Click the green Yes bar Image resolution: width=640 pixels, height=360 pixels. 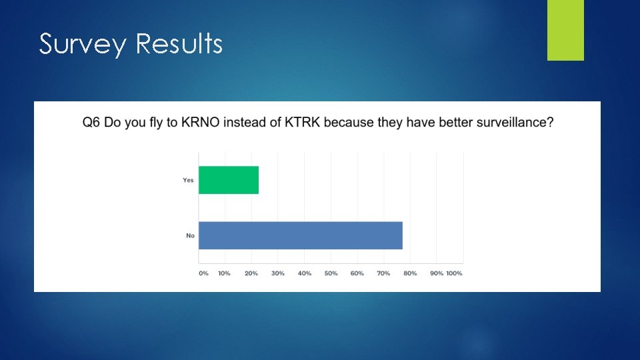[x=229, y=180]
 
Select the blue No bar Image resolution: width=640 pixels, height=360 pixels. [x=301, y=235]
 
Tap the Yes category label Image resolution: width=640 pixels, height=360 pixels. [x=188, y=180]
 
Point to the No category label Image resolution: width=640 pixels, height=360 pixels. [x=190, y=235]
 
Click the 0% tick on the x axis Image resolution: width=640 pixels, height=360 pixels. [x=203, y=273]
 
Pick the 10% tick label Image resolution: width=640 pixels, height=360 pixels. [x=225, y=273]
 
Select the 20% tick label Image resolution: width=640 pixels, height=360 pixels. [x=251, y=273]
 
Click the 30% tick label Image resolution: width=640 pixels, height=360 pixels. [x=278, y=273]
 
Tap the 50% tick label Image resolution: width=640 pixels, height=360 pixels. [x=331, y=273]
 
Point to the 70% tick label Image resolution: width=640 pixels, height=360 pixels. [x=383, y=273]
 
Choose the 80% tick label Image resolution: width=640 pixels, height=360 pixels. [x=410, y=273]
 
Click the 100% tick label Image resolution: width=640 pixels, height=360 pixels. [x=454, y=273]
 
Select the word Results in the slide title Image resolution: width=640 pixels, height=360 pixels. [x=179, y=44]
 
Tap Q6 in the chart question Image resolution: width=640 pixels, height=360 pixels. [x=91, y=123]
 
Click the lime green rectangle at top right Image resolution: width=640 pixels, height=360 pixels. [x=565, y=30]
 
